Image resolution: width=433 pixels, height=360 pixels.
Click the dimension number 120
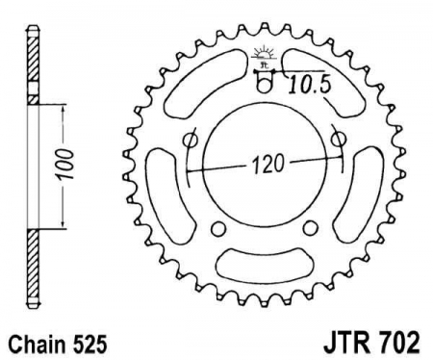click(x=271, y=163)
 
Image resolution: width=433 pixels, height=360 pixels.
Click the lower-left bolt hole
click(x=217, y=229)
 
